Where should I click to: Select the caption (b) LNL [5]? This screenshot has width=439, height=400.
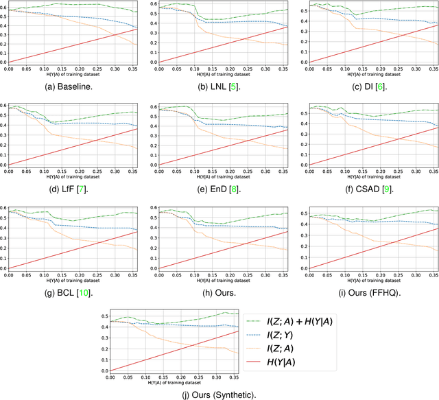219,84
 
